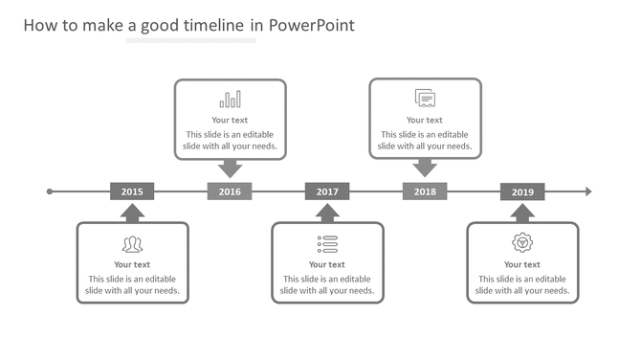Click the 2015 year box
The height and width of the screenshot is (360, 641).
point(132,191)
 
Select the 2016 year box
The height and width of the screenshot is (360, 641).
point(230,191)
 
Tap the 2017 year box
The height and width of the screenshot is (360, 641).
point(327,191)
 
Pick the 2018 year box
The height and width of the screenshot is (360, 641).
point(425,191)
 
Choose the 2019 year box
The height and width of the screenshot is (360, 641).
point(522,191)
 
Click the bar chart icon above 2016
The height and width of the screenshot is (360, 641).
point(230,100)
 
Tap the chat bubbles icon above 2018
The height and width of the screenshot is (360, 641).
point(425,98)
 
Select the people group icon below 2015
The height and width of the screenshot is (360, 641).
point(132,244)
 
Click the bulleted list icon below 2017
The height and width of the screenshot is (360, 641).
point(327,243)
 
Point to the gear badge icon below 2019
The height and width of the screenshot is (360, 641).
point(522,243)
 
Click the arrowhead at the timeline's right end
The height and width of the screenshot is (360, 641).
point(588,191)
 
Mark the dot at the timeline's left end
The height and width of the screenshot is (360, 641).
point(50,191)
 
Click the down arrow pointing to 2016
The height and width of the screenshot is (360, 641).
point(230,169)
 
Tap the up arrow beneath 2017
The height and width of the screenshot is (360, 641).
point(327,213)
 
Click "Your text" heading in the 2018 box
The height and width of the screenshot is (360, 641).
point(425,120)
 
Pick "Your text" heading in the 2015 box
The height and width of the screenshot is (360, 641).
point(132,264)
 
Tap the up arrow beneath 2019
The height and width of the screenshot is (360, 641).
point(522,213)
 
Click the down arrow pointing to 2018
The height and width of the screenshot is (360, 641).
point(425,169)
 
